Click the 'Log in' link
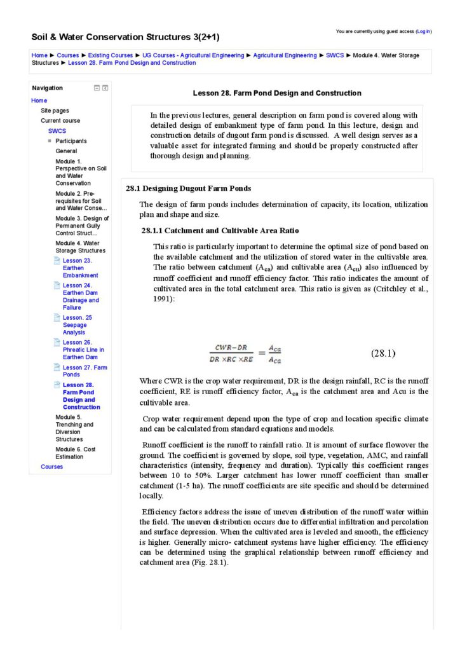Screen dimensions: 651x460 (x=423, y=31)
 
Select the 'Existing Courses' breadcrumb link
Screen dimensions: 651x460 (x=111, y=55)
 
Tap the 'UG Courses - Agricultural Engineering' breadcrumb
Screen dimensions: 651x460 (x=193, y=55)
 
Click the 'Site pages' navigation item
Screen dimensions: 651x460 (x=55, y=111)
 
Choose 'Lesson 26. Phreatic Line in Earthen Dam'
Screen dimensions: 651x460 (x=83, y=350)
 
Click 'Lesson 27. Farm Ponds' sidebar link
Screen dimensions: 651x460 (x=85, y=371)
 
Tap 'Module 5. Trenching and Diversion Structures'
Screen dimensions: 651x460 (x=74, y=428)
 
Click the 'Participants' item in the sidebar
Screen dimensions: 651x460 (x=71, y=140)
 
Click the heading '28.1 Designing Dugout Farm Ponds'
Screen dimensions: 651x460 (x=188, y=188)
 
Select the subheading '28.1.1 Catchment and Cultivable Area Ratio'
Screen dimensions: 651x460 (x=220, y=230)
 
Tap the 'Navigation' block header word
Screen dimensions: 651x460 (x=48, y=88)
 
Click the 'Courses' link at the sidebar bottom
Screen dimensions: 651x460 (x=51, y=467)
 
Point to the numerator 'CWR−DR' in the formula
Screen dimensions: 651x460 (x=230, y=348)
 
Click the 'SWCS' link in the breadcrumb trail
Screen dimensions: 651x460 (x=335, y=55)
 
